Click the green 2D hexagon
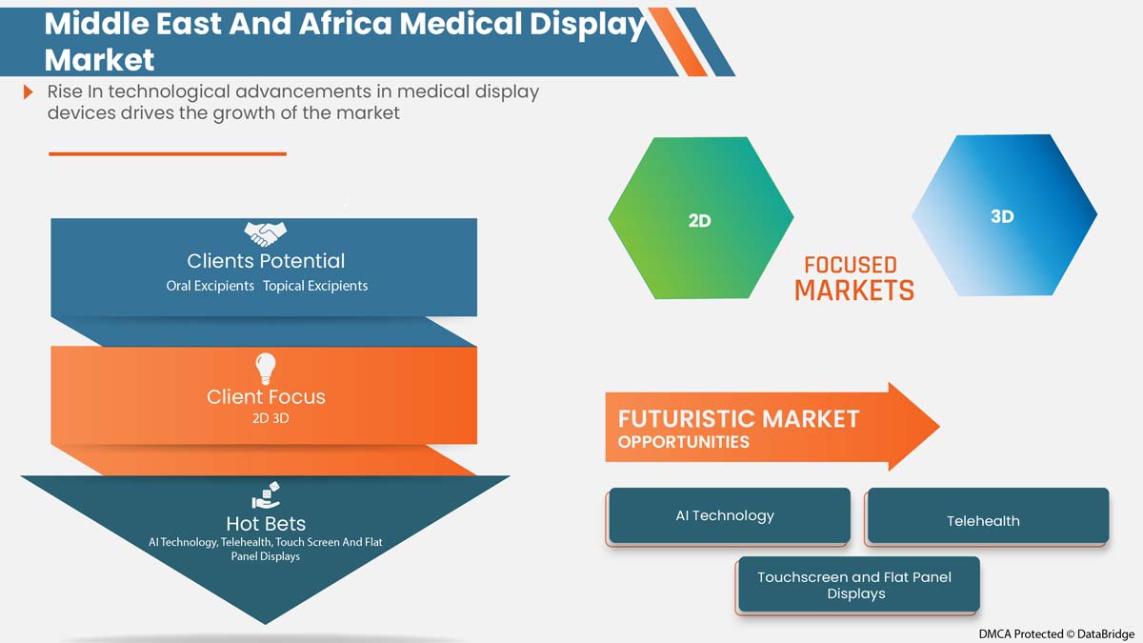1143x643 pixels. (700, 218)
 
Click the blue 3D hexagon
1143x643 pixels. (1003, 215)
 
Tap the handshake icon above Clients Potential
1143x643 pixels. (265, 233)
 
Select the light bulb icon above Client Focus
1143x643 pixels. (265, 368)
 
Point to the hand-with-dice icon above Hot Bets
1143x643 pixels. (265, 496)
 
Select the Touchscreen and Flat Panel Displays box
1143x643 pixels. (856, 585)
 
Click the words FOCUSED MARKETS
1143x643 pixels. (852, 278)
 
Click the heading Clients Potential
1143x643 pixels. (266, 261)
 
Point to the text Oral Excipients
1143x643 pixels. (210, 286)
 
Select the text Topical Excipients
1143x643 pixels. (315, 286)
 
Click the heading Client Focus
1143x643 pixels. (266, 396)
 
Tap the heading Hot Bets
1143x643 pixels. (266, 523)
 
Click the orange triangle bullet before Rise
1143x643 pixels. (29, 92)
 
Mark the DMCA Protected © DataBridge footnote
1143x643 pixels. (1055, 633)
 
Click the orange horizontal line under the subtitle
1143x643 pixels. (167, 153)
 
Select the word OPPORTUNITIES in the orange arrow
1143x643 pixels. (683, 442)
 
